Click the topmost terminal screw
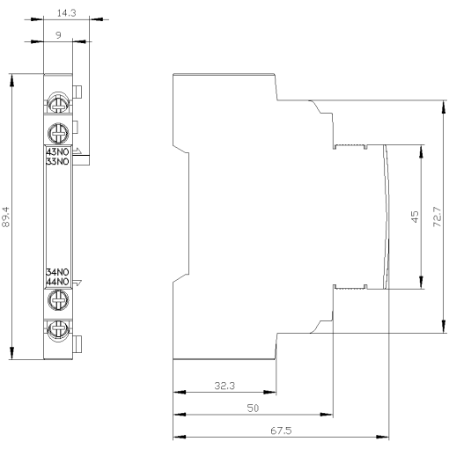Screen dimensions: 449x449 [x=57, y=103]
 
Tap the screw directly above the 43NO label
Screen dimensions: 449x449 [x=57, y=133]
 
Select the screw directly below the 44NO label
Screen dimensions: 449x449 [x=57, y=301]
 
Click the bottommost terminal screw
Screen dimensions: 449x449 [x=57, y=331]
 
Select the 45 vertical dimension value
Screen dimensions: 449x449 [x=415, y=217]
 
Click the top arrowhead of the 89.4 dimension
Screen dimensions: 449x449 [x=12, y=77]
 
